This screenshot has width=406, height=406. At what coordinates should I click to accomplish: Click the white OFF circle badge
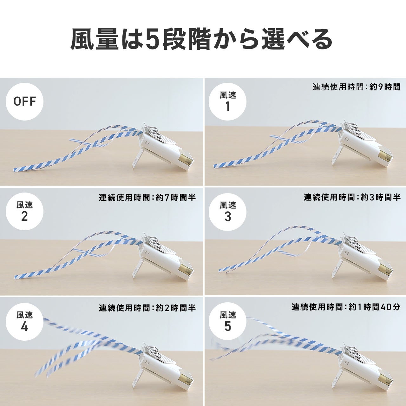point(24,101)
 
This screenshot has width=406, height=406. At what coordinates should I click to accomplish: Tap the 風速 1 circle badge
point(227,101)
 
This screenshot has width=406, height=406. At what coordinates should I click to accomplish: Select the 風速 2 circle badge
point(24,212)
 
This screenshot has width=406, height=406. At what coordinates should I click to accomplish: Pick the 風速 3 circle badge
point(227,212)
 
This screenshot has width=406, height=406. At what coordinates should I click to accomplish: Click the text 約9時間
point(385,87)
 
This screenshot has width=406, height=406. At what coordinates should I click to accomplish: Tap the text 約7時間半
point(176,197)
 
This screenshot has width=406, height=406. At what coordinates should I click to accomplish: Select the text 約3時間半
point(381,197)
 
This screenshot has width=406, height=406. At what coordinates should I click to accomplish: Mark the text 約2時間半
point(176,308)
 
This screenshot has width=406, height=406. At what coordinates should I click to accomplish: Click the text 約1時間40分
point(374,307)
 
